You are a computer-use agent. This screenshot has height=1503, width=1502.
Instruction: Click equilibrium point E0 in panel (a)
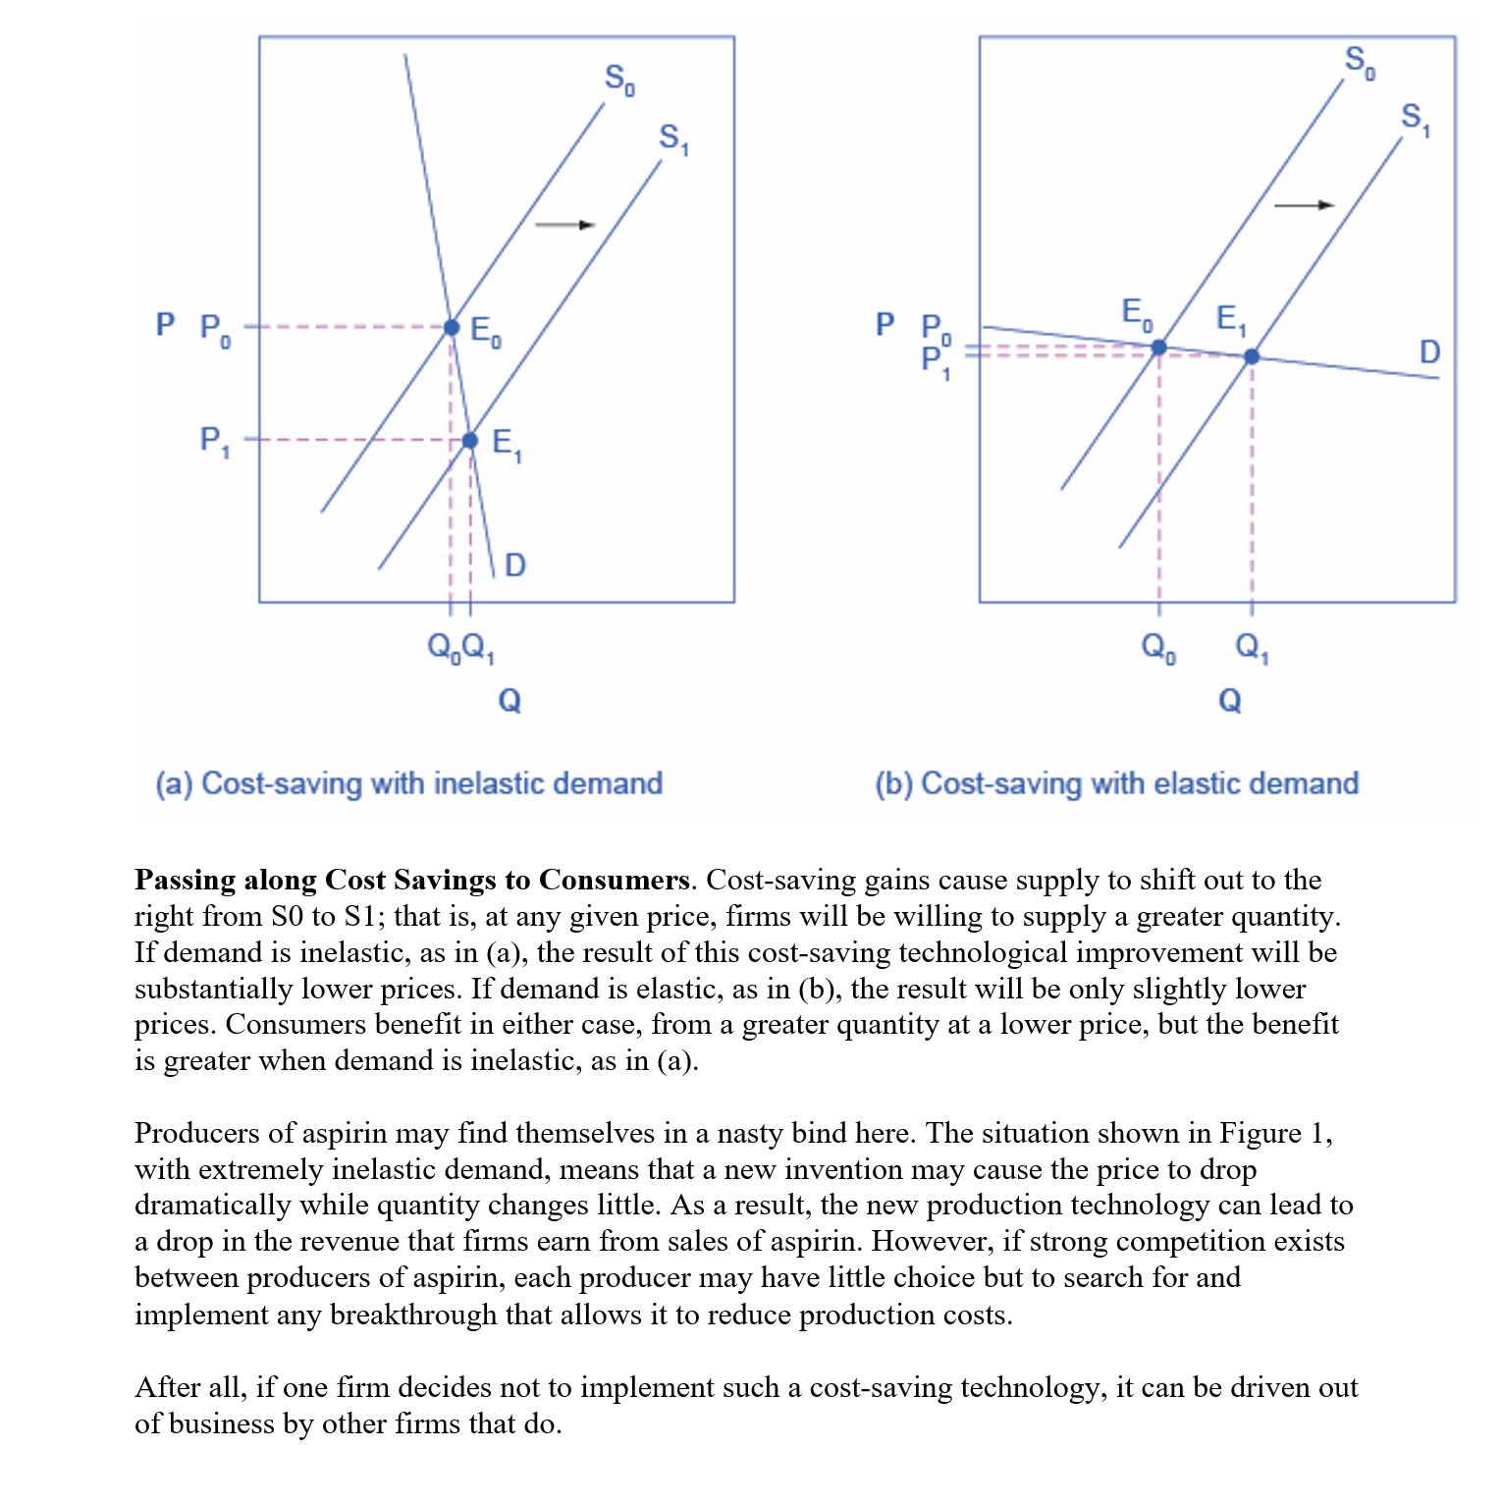452,327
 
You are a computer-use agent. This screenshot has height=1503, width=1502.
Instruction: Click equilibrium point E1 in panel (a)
470,441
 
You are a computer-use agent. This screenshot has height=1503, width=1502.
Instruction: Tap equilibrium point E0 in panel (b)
1158,347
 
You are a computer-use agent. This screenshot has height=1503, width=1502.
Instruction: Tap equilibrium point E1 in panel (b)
1252,356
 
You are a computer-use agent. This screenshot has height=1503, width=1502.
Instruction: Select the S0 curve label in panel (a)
619,79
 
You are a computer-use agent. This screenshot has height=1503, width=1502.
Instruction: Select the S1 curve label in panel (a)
673,138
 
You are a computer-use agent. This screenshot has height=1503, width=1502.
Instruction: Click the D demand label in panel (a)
514,564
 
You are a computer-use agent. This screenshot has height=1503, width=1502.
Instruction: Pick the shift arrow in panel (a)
564,225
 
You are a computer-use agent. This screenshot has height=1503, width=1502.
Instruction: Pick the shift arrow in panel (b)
1304,205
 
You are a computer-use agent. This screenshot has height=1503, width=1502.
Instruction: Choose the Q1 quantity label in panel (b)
1252,647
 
